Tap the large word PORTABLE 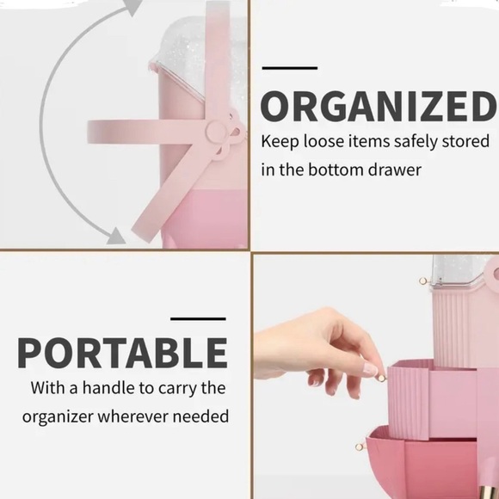click(x=122, y=353)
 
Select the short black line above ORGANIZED click(x=289, y=67)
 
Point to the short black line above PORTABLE click(x=198, y=319)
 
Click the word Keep click(x=280, y=141)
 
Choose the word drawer click(x=395, y=169)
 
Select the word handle click(x=111, y=388)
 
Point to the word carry click(x=178, y=389)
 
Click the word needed click(x=206, y=416)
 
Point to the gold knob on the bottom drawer click(x=359, y=447)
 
